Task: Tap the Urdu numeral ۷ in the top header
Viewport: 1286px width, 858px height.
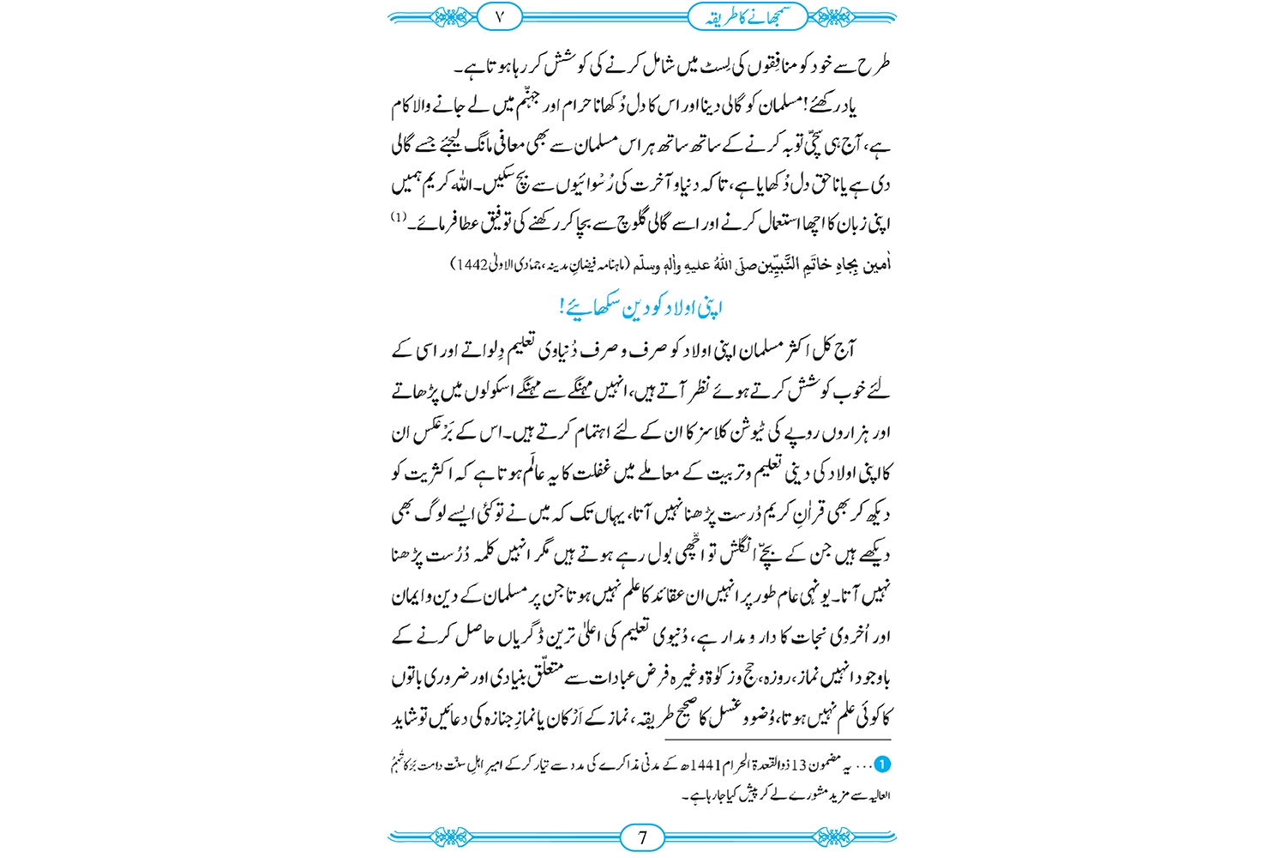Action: (x=501, y=16)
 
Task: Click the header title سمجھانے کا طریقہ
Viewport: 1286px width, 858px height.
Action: (x=746, y=16)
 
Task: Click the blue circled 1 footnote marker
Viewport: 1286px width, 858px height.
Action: (x=882, y=764)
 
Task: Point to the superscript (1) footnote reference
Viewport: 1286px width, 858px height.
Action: (x=399, y=217)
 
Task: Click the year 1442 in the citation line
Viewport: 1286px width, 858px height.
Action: (x=472, y=265)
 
